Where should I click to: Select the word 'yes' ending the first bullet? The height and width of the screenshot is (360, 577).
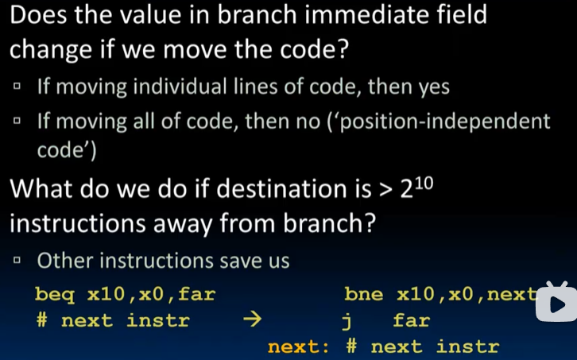coord(434,87)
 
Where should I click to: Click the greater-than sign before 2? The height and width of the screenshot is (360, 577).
coord(385,191)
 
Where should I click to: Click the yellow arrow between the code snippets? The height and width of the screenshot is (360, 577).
coord(251,321)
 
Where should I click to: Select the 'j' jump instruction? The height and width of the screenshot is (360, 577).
coord(347,321)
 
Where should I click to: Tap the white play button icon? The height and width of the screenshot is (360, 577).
coord(556,302)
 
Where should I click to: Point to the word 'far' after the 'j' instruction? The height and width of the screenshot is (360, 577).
coord(411,321)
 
